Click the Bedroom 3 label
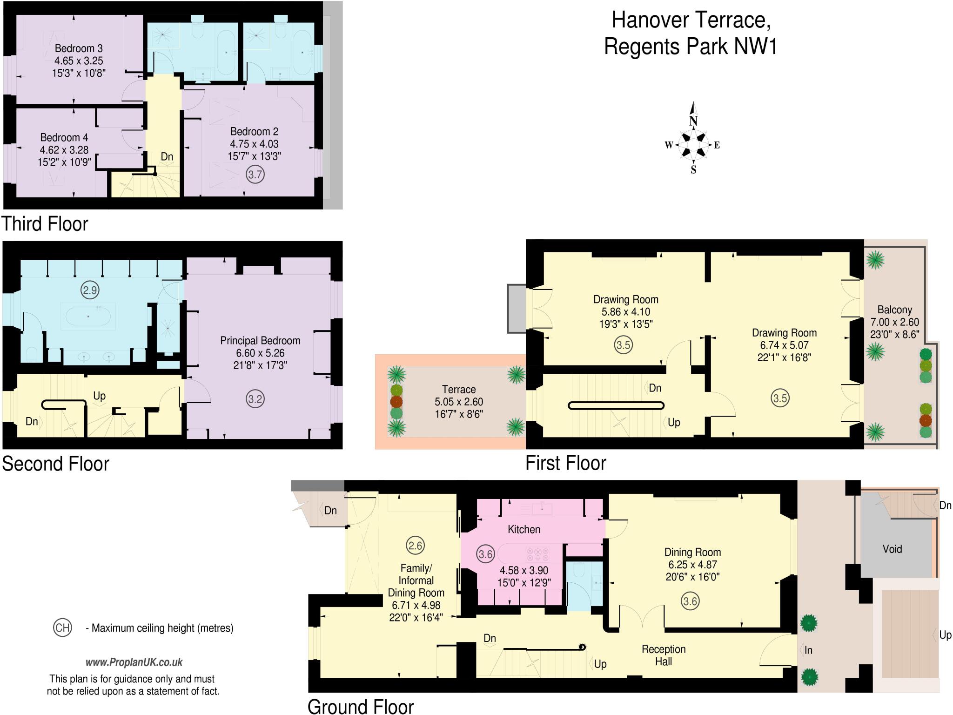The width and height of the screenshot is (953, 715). (x=79, y=48)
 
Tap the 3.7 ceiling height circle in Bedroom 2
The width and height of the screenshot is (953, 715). (x=255, y=175)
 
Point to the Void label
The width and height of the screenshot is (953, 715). (x=892, y=549)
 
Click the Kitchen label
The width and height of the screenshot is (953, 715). (x=523, y=529)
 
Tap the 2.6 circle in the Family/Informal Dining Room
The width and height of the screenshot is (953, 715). (x=415, y=545)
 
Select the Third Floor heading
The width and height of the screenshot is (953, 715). (x=45, y=224)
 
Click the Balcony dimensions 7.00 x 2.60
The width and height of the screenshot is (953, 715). (x=894, y=322)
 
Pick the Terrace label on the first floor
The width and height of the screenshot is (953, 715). (x=458, y=389)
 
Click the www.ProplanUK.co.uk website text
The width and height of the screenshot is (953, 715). (x=134, y=662)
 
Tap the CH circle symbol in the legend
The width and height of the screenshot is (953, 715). (x=62, y=627)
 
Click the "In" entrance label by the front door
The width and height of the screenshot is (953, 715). (x=808, y=650)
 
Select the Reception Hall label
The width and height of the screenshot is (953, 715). (x=664, y=655)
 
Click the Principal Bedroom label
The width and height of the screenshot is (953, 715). (x=260, y=340)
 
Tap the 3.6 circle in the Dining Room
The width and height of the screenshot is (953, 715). (x=690, y=601)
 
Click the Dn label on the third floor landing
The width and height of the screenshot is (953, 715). (x=167, y=156)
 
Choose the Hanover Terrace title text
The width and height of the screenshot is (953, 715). (x=691, y=20)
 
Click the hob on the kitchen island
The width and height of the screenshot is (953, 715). (x=537, y=555)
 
